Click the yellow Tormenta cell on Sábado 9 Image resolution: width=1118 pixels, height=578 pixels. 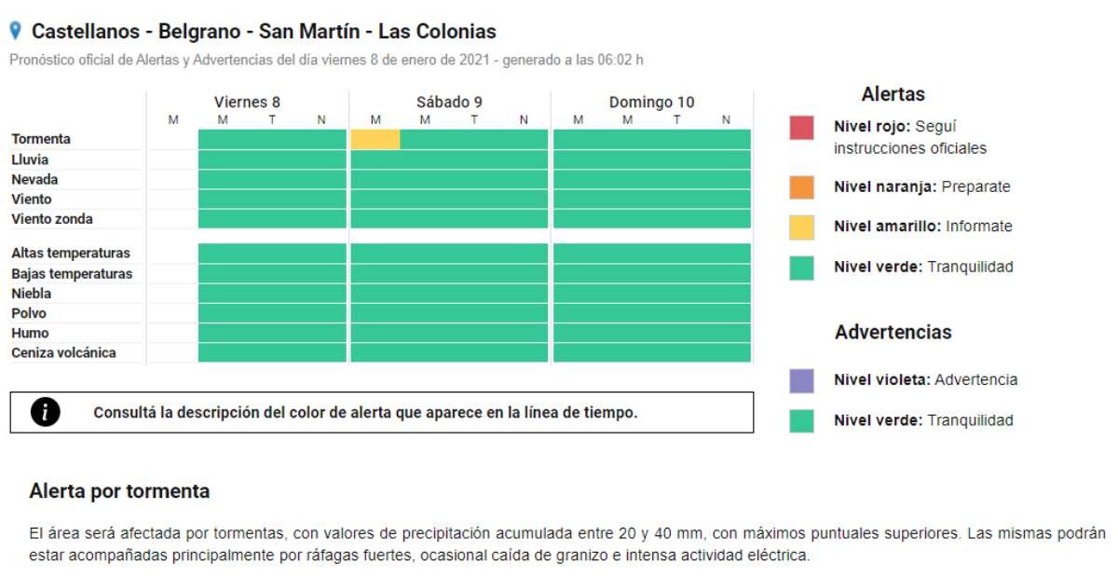click(375, 139)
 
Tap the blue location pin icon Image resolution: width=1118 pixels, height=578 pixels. click(15, 31)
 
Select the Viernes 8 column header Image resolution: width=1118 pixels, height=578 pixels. click(247, 103)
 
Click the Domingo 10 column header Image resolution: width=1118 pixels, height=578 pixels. click(651, 103)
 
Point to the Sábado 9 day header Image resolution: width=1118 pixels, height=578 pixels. click(449, 103)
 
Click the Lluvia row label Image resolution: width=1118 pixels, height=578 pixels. click(30, 159)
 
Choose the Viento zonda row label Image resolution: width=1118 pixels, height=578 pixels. click(52, 219)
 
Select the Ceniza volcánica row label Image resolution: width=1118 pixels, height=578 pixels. click(63, 352)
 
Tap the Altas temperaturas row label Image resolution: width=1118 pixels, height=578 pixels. click(71, 253)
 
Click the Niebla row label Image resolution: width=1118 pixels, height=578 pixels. click(31, 294)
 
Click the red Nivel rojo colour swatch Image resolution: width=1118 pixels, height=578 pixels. click(801, 128)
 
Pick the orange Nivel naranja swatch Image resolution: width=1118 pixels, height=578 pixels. click(801, 187)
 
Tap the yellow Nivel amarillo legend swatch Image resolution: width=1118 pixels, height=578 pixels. click(801, 227)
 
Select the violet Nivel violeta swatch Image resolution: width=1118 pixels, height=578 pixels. click(801, 380)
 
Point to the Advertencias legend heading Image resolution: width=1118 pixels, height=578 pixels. click(893, 332)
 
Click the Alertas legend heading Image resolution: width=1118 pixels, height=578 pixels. click(893, 94)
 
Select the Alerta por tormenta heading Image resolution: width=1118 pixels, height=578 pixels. click(119, 491)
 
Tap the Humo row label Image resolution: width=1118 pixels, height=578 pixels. click(30, 333)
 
